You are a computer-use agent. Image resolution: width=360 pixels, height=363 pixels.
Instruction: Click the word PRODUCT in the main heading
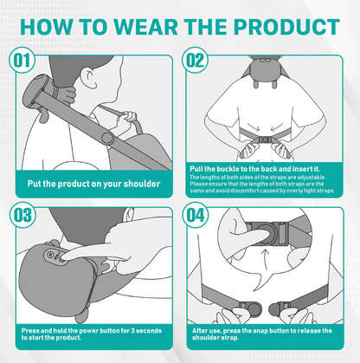click(286, 27)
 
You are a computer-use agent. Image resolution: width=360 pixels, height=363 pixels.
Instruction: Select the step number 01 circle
click(22, 61)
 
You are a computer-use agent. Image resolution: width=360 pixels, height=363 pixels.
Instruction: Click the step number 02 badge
click(195, 61)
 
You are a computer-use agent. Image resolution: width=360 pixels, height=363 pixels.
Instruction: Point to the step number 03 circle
click(22, 215)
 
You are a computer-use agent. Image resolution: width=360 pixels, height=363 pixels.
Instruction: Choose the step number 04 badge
click(196, 215)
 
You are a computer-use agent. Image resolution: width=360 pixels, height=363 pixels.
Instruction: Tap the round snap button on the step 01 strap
click(107, 139)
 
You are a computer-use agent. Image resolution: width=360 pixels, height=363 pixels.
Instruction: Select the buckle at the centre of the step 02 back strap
click(265, 139)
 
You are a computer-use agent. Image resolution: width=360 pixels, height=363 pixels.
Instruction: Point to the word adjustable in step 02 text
click(312, 178)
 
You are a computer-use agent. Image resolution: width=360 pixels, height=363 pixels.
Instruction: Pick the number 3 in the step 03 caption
click(132, 331)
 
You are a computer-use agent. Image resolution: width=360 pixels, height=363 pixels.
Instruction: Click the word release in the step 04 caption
click(309, 331)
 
